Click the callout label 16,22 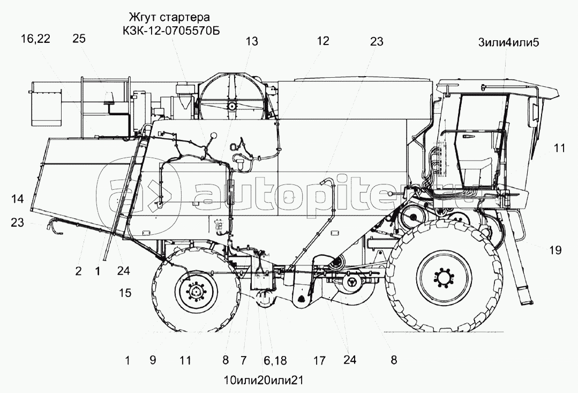pyautogui.click(x=35, y=39)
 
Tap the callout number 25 pyautogui.click(x=79, y=39)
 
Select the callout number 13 pyautogui.click(x=252, y=41)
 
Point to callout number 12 pyautogui.click(x=322, y=41)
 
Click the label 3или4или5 pyautogui.click(x=508, y=42)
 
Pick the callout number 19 pyautogui.click(x=555, y=250)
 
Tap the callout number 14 pyautogui.click(x=17, y=199)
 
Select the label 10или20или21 pyautogui.click(x=263, y=380)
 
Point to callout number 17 pyautogui.click(x=320, y=360)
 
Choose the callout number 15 pyautogui.click(x=125, y=293)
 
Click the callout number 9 pyautogui.click(x=153, y=360)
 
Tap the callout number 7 pyautogui.click(x=243, y=360)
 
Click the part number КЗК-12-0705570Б pyautogui.click(x=171, y=30)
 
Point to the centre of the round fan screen pyautogui.click(x=232, y=106)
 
